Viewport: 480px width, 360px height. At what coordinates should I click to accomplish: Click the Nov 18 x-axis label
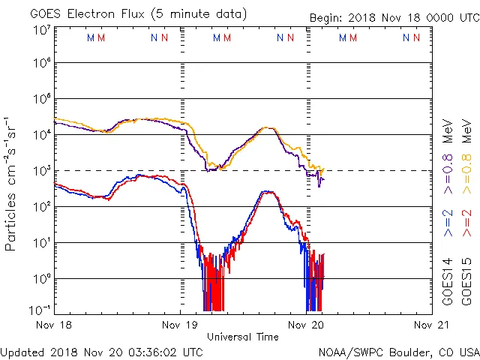(55, 325)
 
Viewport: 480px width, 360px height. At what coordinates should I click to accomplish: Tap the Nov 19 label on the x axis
(180, 325)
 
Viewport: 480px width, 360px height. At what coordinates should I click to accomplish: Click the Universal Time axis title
(243, 337)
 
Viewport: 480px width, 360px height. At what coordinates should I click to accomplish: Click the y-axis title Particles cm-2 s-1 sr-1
(12, 184)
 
